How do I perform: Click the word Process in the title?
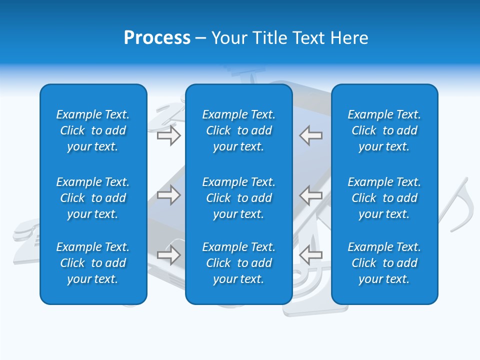tap(157, 38)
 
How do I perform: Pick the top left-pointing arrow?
tap(310, 135)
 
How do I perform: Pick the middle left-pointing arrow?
tap(310, 195)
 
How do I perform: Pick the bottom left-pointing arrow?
tap(310, 255)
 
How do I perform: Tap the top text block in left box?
tap(93, 130)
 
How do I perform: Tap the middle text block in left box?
tap(93, 198)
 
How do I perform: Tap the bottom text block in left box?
tap(93, 263)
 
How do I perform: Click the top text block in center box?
tap(239, 130)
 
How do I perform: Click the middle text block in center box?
tap(239, 198)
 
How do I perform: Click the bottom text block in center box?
tap(239, 263)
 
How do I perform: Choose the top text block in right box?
tap(384, 130)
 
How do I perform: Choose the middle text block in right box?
tap(384, 198)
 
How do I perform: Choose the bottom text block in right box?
tap(384, 263)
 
